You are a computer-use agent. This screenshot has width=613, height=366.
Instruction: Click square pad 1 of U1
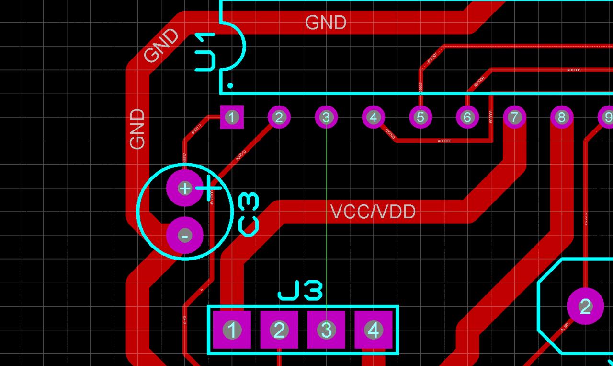232,117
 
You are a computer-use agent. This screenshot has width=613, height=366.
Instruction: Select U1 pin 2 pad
279,117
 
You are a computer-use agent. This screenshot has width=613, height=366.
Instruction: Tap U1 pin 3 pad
326,117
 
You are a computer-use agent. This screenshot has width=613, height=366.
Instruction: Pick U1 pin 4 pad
373,117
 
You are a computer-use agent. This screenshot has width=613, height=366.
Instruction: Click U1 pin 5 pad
420,117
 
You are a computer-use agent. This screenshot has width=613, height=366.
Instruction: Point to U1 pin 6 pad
467,117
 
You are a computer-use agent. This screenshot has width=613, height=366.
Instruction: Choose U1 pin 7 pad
514,117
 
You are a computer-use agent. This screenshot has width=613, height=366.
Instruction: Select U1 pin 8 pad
561,117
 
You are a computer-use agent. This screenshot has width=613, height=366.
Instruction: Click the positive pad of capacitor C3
184,188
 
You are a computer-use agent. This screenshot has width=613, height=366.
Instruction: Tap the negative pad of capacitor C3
184,236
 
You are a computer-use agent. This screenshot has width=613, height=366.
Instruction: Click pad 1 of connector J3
232,330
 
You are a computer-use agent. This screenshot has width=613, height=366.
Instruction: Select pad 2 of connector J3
279,330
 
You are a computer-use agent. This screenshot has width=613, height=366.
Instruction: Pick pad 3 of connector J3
326,330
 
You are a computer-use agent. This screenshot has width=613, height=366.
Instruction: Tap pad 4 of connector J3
373,330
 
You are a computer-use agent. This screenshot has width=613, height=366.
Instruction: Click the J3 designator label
300,291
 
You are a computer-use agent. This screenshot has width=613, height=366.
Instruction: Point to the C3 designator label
249,214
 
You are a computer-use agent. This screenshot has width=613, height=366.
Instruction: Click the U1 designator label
206,52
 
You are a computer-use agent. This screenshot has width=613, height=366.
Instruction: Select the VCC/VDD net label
373,212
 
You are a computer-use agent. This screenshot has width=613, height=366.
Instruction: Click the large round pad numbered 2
585,306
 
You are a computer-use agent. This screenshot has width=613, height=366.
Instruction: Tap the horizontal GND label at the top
326,23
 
